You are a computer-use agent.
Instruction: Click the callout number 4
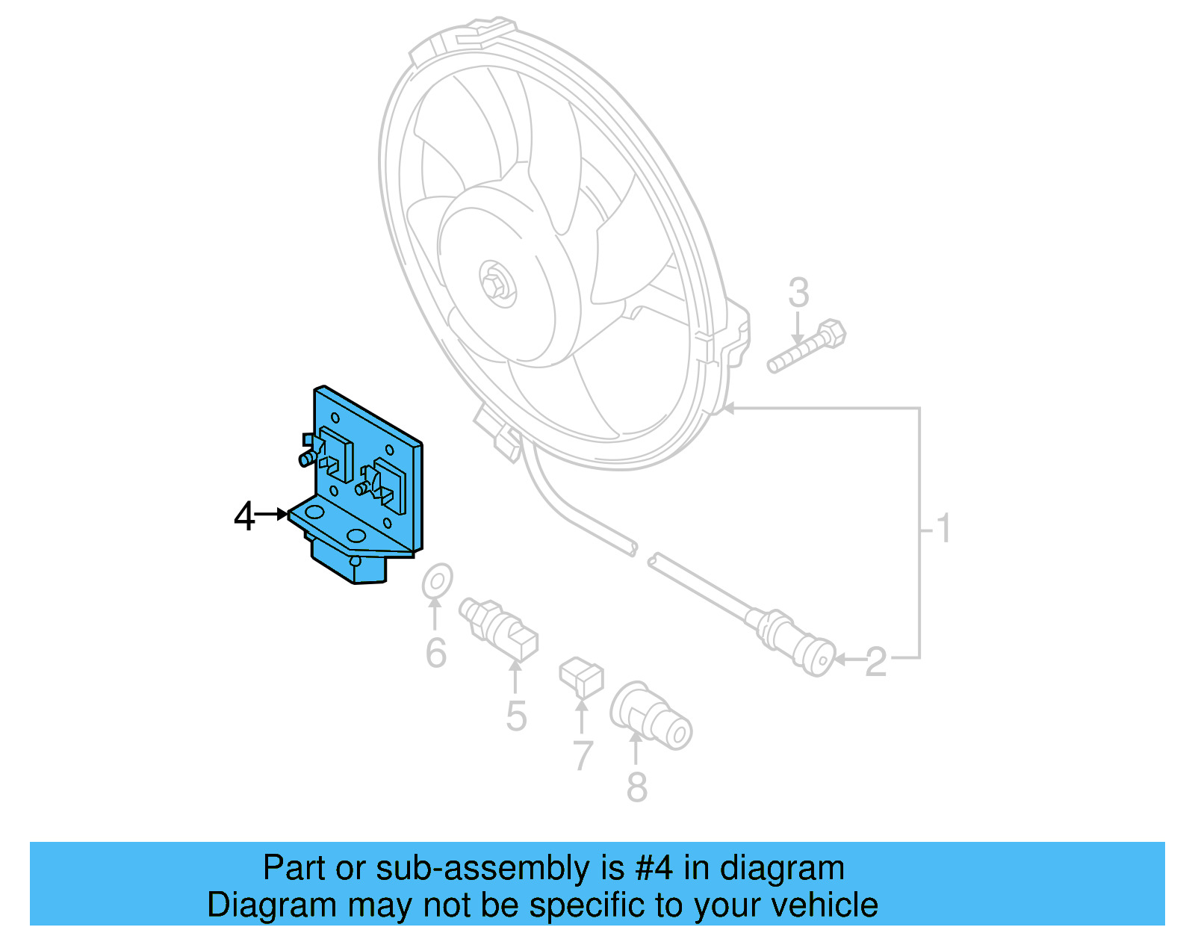coord(243,516)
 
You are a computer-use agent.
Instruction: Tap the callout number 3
coord(798,293)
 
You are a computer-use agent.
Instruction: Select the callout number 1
coord(944,528)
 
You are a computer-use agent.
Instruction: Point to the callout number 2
coord(876,662)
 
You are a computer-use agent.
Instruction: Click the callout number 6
coord(436,653)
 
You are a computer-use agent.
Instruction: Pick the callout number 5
coord(516,716)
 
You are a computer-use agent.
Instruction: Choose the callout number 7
coord(583,755)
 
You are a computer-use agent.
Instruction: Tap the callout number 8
coord(636,787)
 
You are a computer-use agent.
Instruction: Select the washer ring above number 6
coord(437,581)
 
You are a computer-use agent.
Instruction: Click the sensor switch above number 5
coord(499,628)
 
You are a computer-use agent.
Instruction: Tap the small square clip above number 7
coord(581,677)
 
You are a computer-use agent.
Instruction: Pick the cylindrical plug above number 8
coord(651,715)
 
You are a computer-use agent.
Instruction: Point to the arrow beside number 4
coord(272,514)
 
